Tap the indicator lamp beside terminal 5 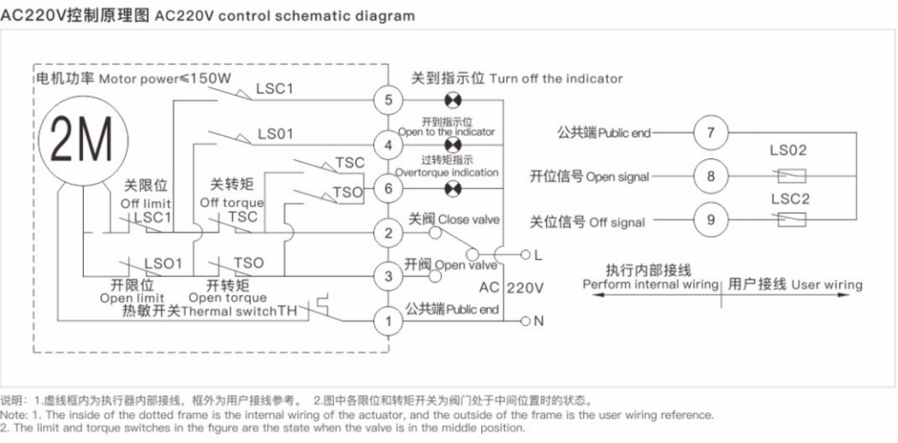(x=453, y=101)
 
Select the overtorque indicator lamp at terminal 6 (x=453, y=188)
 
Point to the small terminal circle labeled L (x=525, y=255)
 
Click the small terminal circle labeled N (x=525, y=321)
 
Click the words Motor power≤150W (x=165, y=79)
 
